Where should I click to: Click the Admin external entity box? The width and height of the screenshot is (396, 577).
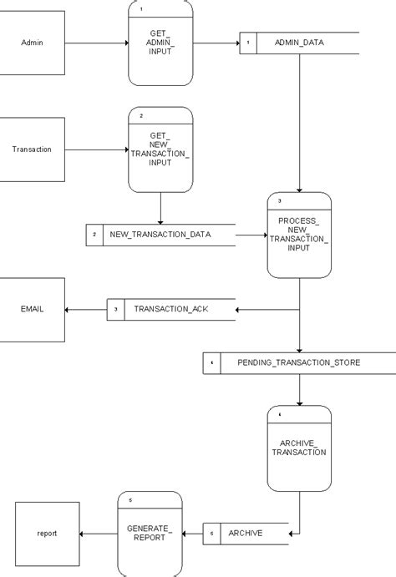(33, 43)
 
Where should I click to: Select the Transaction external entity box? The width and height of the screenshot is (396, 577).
(33, 149)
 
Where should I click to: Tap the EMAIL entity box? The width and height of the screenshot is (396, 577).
(33, 310)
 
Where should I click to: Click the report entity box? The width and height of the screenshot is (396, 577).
(48, 534)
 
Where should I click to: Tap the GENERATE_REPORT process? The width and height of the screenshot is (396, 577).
(150, 534)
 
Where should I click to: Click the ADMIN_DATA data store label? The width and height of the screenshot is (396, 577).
(298, 42)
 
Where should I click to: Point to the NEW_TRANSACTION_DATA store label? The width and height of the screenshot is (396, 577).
(160, 235)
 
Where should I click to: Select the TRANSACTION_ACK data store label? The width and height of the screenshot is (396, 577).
(170, 309)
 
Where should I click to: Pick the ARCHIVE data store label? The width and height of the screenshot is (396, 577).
(246, 533)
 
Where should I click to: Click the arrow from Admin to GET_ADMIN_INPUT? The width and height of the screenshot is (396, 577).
(96, 43)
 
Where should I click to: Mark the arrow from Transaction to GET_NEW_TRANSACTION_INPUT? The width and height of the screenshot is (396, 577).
(96, 149)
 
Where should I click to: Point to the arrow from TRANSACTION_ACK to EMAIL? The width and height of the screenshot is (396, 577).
(85, 310)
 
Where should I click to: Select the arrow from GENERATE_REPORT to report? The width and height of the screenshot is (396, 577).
(98, 534)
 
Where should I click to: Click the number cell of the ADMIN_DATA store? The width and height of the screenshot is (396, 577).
(248, 43)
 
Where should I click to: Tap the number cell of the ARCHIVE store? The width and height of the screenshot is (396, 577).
(212, 533)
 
